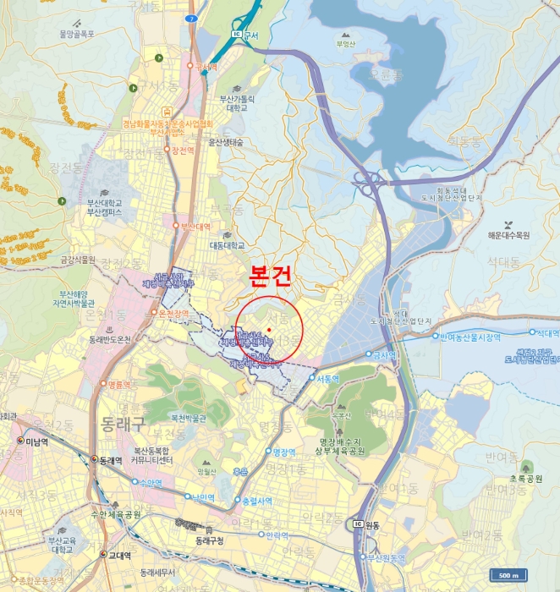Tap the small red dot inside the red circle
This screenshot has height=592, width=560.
pyautogui.click(x=268, y=328)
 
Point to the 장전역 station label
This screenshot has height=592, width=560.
pyautogui.click(x=184, y=151)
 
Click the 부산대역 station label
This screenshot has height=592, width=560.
pyautogui.click(x=195, y=226)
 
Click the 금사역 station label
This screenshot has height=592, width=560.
pyautogui.click(x=386, y=354)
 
